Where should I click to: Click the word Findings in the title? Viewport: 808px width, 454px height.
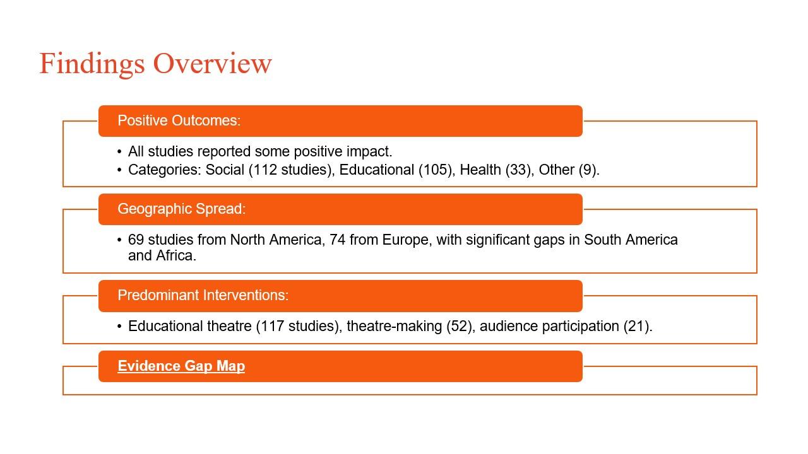92,64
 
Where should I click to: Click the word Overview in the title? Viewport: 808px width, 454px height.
213,64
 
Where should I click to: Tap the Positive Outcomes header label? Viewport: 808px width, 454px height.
179,120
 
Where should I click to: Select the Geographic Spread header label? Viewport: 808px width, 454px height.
181,209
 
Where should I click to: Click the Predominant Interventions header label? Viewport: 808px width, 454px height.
203,295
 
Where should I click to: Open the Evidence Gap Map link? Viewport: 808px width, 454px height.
181,366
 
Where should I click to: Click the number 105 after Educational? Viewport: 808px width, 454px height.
435,170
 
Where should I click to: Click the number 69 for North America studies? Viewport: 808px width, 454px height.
136,240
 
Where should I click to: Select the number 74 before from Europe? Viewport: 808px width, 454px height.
337,240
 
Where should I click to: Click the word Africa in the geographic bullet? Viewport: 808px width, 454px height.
176,255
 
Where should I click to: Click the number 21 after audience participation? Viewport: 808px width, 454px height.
637,326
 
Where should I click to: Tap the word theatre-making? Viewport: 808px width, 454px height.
395,326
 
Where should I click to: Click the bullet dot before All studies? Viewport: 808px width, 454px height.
119,152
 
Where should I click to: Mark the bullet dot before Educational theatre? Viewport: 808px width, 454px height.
119,327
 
